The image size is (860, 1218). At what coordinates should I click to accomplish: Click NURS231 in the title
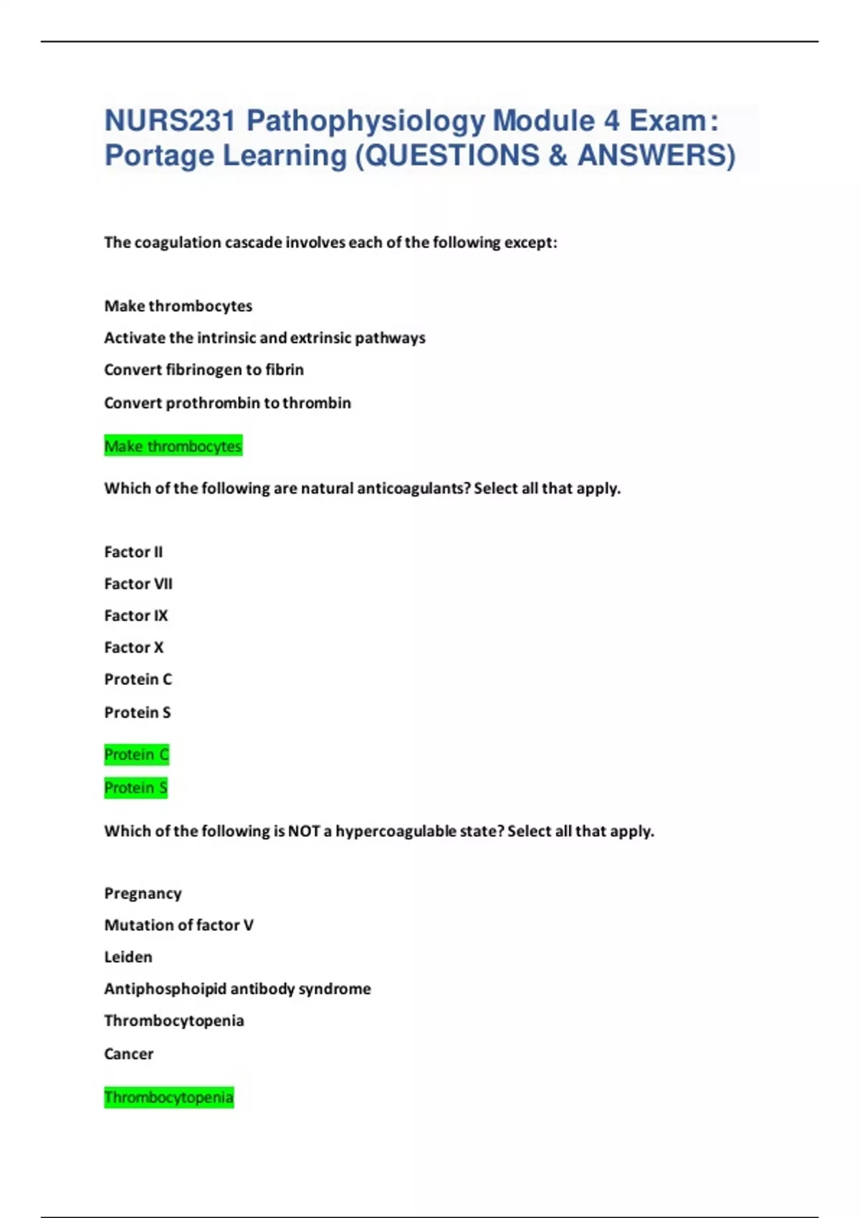(170, 121)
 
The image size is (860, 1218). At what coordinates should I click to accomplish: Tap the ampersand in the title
(558, 155)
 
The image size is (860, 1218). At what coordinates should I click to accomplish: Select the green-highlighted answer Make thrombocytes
(173, 446)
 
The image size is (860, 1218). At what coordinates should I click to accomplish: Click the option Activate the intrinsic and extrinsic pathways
(264, 337)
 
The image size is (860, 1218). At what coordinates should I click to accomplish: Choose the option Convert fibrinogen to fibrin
(204, 370)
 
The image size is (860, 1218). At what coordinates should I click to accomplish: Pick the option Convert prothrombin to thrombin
(227, 403)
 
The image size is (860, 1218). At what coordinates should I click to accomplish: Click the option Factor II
(133, 552)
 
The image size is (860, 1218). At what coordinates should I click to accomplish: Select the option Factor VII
(138, 584)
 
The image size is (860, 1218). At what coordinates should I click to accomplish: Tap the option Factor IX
(136, 615)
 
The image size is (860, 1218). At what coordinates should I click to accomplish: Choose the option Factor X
(134, 648)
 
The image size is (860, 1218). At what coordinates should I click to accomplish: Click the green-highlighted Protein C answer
(136, 754)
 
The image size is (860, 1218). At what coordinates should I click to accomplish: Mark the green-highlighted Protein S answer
(135, 788)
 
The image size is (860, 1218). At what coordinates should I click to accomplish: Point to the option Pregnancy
(143, 893)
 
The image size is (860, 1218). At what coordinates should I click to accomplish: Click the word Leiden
(128, 957)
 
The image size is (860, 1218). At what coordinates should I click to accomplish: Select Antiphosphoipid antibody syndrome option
(237, 989)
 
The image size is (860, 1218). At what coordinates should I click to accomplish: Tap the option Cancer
(129, 1054)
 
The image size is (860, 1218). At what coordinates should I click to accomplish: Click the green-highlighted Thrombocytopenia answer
(168, 1098)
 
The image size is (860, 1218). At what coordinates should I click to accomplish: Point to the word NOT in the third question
(304, 831)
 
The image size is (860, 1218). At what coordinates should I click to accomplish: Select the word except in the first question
(530, 242)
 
